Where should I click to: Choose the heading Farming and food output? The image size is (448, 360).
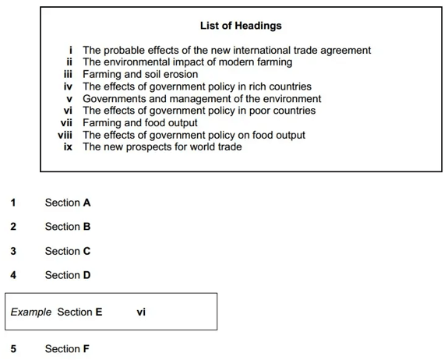pos(140,123)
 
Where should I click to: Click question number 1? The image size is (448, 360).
pos(13,203)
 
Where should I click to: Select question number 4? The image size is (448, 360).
pos(13,275)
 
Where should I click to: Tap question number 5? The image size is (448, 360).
pos(13,348)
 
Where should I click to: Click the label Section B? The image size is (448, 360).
pos(68,227)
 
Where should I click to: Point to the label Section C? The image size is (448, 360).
pos(68,251)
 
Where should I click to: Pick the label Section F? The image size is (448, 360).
pos(67,348)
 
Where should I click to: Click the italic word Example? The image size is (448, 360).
pos(31,312)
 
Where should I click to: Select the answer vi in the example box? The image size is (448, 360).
pos(141,312)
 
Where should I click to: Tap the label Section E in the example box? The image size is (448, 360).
pos(79,312)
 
